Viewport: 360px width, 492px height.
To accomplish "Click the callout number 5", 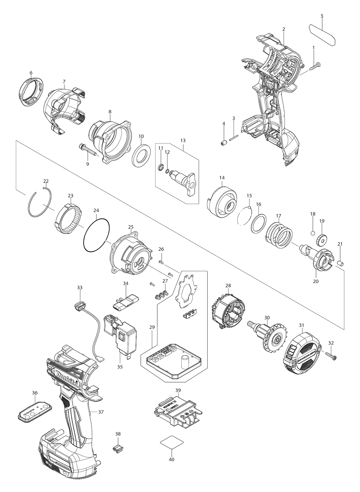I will (x=322, y=16).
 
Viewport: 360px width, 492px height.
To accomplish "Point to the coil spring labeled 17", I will (x=279, y=234).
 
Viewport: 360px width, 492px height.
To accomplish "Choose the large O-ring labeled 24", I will (x=96, y=238).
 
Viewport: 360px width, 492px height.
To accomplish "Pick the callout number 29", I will (x=152, y=327).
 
